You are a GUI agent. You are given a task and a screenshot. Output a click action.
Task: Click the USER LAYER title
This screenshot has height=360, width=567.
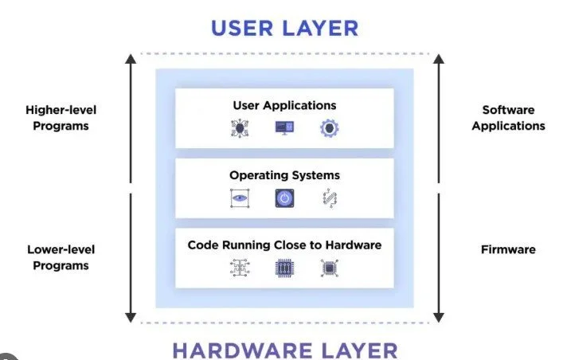(x=284, y=28)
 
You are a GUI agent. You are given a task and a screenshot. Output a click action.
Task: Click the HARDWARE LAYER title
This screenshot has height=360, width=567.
(x=284, y=350)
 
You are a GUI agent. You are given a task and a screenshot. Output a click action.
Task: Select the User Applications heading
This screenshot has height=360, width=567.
(x=284, y=105)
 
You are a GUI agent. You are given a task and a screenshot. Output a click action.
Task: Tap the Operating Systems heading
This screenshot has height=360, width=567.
(x=284, y=174)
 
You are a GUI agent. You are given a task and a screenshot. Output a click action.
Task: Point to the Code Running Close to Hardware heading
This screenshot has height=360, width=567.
(x=284, y=245)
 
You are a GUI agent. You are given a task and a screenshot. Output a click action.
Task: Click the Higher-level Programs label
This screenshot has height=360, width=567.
(x=61, y=118)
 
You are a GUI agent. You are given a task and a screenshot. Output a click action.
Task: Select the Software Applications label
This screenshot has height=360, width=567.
(x=508, y=118)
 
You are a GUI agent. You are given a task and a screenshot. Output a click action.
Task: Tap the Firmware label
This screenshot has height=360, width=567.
(x=508, y=249)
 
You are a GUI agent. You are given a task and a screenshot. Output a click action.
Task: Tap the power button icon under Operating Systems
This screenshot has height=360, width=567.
(x=284, y=198)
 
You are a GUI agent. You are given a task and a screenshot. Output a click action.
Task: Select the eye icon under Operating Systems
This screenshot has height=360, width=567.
(x=240, y=198)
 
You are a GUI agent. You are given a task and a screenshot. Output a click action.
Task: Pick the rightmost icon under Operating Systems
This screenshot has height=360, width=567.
(x=329, y=198)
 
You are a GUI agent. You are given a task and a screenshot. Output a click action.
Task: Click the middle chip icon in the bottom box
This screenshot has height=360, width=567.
(x=284, y=268)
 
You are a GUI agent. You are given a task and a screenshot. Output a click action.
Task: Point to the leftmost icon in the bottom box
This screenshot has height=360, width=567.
(x=240, y=268)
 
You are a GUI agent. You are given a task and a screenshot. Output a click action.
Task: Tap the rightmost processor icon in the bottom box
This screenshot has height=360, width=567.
(x=329, y=268)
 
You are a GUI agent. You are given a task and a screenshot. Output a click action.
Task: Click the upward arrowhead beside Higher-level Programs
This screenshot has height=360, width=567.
(x=130, y=59)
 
